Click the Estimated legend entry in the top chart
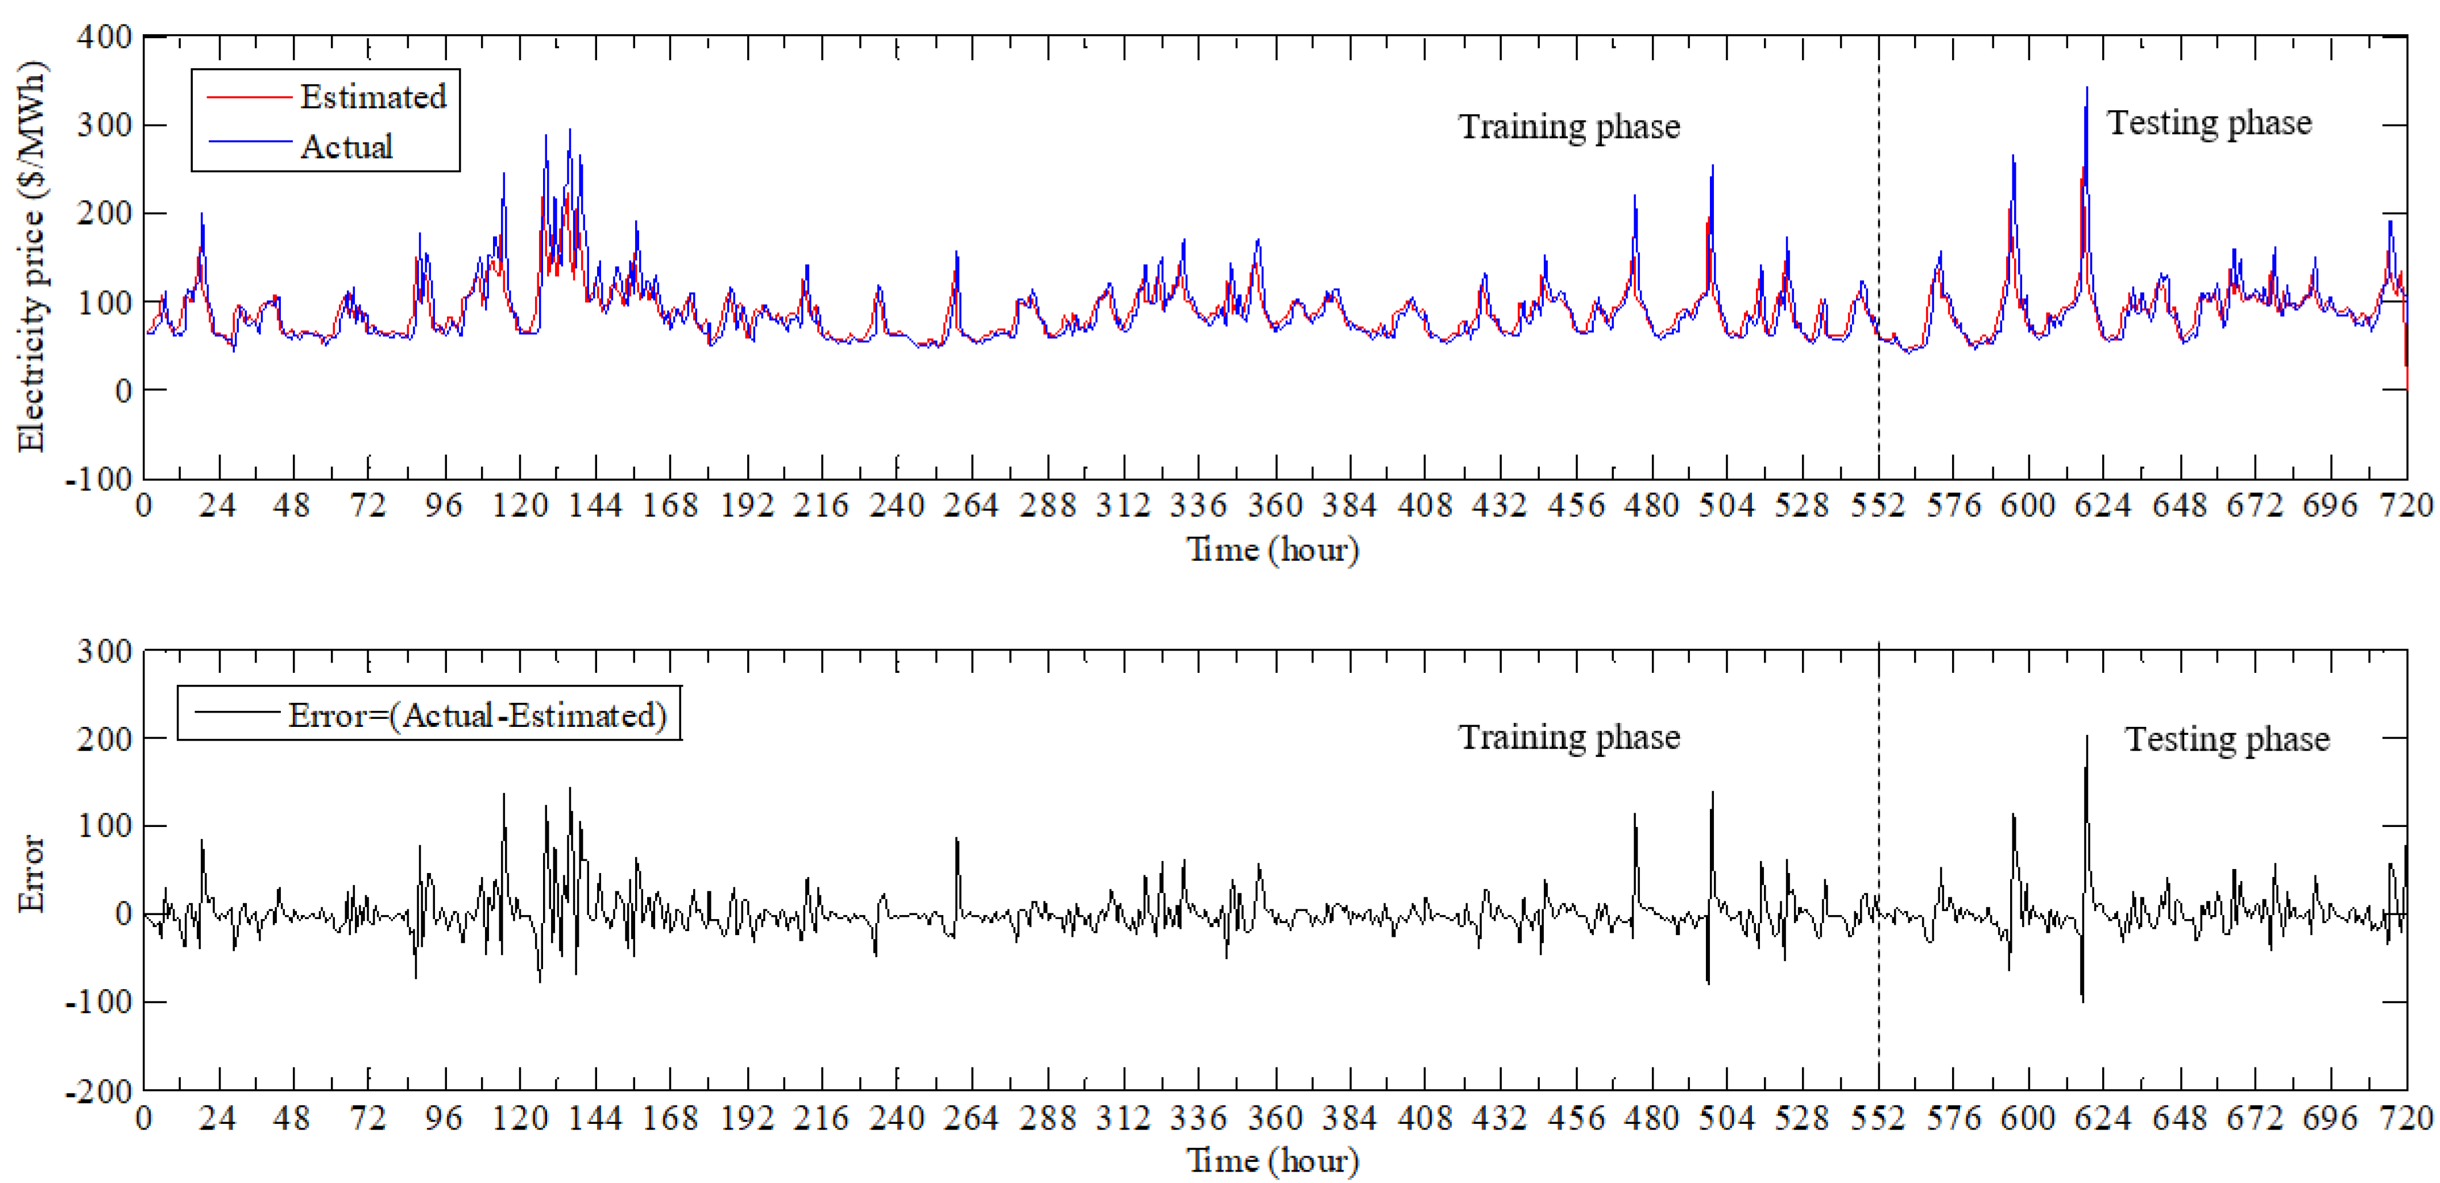pyautogui.click(x=372, y=97)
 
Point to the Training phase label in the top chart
pyautogui.click(x=1568, y=126)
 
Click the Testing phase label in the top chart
pyautogui.click(x=2208, y=123)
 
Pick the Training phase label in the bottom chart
pyautogui.click(x=1568, y=737)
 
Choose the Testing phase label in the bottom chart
pyautogui.click(x=2226, y=739)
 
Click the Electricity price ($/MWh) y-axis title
pyautogui.click(x=31, y=256)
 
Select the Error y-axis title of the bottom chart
pyautogui.click(x=31, y=873)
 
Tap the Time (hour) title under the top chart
pyautogui.click(x=1272, y=549)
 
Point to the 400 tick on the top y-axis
pyautogui.click(x=104, y=37)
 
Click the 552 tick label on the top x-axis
pyautogui.click(x=1878, y=506)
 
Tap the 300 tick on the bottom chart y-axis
pyautogui.click(x=104, y=651)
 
